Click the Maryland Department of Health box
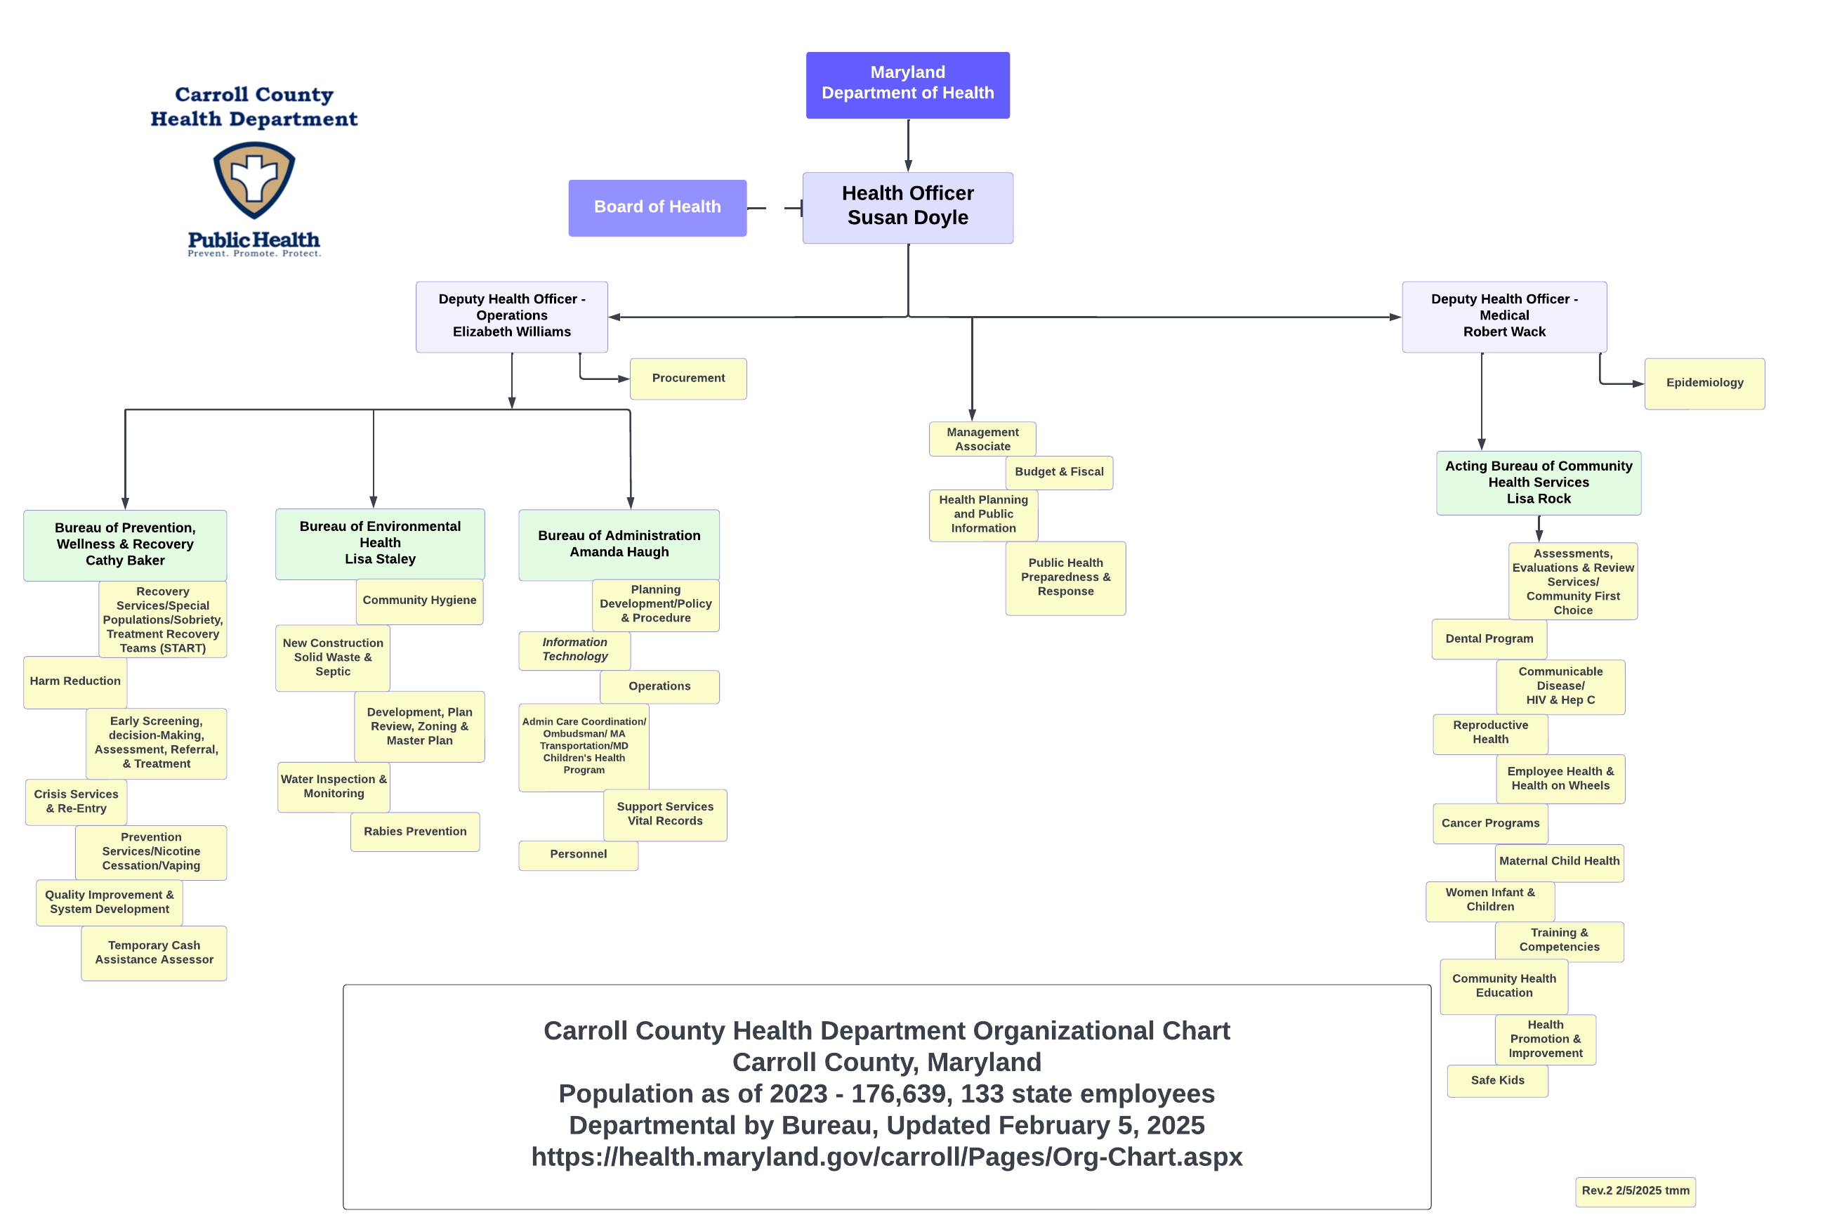pyautogui.click(x=907, y=84)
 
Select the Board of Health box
pyautogui.click(x=657, y=207)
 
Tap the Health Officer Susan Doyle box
pyautogui.click(x=907, y=207)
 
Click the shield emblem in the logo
pyautogui.click(x=254, y=179)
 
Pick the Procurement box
pyautogui.click(x=687, y=379)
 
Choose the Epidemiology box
pyautogui.click(x=1704, y=383)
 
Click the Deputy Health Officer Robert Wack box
pyautogui.click(x=1503, y=316)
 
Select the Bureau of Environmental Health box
pyautogui.click(x=379, y=543)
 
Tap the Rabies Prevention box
pyautogui.click(x=415, y=832)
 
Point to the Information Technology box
pyautogui.click(x=574, y=650)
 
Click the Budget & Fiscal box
pyautogui.click(x=1058, y=473)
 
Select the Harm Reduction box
pyautogui.click(x=75, y=681)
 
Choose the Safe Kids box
pyautogui.click(x=1496, y=1081)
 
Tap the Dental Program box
pyautogui.click(x=1488, y=639)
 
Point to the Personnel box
pyautogui.click(x=578, y=855)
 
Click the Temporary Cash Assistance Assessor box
pyautogui.click(x=154, y=953)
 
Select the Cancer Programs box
pyautogui.click(x=1489, y=823)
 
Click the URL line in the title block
pyautogui.click(x=886, y=1157)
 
